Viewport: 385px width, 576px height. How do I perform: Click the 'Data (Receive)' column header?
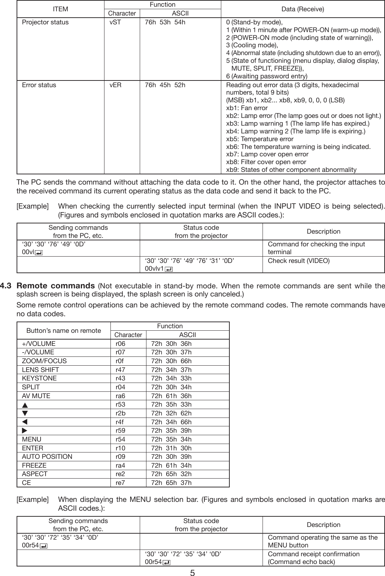click(x=303, y=9)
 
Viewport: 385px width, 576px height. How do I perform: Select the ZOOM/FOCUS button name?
click(x=44, y=361)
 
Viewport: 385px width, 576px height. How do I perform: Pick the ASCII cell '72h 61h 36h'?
click(x=171, y=396)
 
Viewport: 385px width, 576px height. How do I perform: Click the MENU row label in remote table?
click(x=31, y=439)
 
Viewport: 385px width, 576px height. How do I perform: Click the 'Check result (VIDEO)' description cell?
click(x=299, y=261)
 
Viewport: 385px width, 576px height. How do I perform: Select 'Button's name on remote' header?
click(x=64, y=331)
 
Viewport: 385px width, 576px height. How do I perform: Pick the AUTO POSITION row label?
click(x=47, y=457)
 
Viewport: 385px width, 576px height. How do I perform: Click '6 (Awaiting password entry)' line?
click(x=266, y=76)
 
